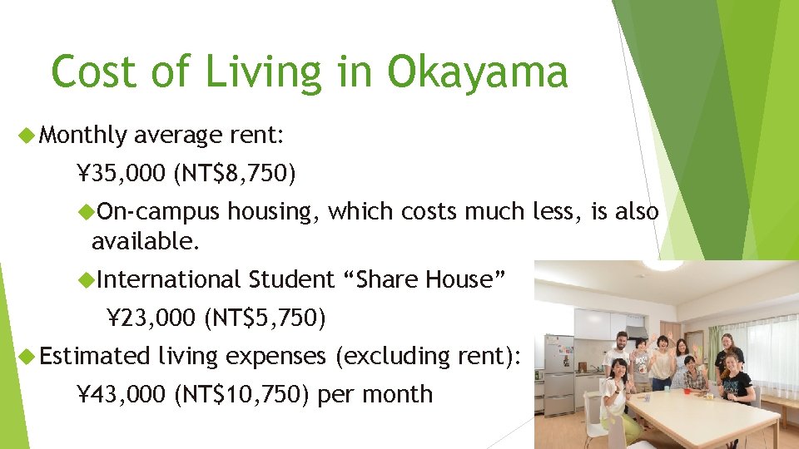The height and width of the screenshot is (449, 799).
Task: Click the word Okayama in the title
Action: [478, 72]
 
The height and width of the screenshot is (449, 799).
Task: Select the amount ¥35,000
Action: [122, 173]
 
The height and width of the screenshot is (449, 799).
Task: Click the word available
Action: [145, 242]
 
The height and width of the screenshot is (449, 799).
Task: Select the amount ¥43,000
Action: [122, 393]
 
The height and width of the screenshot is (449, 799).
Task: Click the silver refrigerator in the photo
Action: [558, 374]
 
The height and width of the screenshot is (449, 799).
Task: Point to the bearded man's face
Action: [621, 341]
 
